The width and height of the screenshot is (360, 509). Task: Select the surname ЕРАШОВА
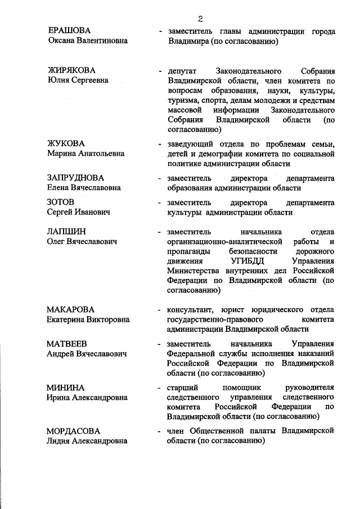pos(70,31)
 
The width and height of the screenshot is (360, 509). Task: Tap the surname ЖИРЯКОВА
pos(71,70)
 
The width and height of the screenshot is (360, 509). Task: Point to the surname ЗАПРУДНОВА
pos(76,178)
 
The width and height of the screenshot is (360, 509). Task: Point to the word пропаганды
pos(190,251)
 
